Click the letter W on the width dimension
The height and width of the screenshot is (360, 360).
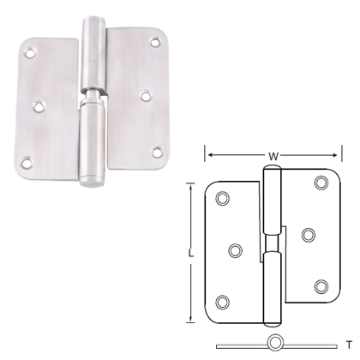tap(272, 157)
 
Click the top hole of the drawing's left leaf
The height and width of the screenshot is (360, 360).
tap(224, 199)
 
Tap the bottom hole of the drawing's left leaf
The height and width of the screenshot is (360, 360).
tap(224, 301)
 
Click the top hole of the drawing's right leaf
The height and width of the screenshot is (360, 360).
tap(321, 182)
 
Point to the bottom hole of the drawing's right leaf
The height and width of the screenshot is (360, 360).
tap(321, 286)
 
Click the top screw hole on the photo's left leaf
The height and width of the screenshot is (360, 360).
tap(32, 54)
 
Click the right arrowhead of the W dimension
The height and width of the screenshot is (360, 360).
tap(336, 157)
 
